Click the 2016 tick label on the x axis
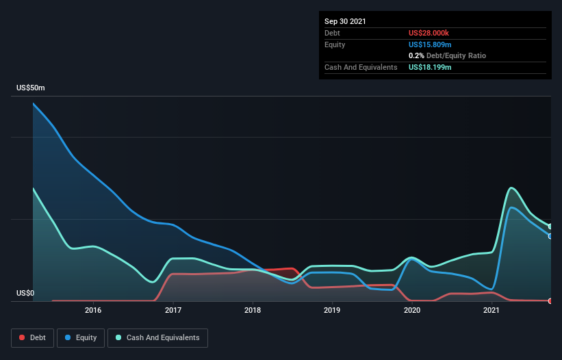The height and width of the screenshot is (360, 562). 93,310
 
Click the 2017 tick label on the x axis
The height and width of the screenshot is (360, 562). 173,310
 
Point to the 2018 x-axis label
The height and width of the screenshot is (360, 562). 253,310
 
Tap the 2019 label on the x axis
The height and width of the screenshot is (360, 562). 332,310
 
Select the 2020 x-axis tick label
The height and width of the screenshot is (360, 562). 412,310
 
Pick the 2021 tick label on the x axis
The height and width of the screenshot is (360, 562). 491,310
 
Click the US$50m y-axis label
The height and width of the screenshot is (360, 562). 31,88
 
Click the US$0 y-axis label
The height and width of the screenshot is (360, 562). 25,293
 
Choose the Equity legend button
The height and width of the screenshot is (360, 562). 80,337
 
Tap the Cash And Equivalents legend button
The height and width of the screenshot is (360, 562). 157,337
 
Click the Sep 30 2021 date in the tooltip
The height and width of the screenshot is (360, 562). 345,21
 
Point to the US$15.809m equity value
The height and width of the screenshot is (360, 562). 430,44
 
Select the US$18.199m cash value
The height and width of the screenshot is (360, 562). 430,67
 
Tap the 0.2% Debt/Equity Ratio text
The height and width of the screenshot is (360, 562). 447,55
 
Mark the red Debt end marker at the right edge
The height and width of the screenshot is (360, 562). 550,300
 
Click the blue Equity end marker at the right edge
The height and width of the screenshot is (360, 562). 550,236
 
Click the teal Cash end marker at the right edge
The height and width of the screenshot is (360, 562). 550,227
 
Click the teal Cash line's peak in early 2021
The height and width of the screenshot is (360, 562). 511,188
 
